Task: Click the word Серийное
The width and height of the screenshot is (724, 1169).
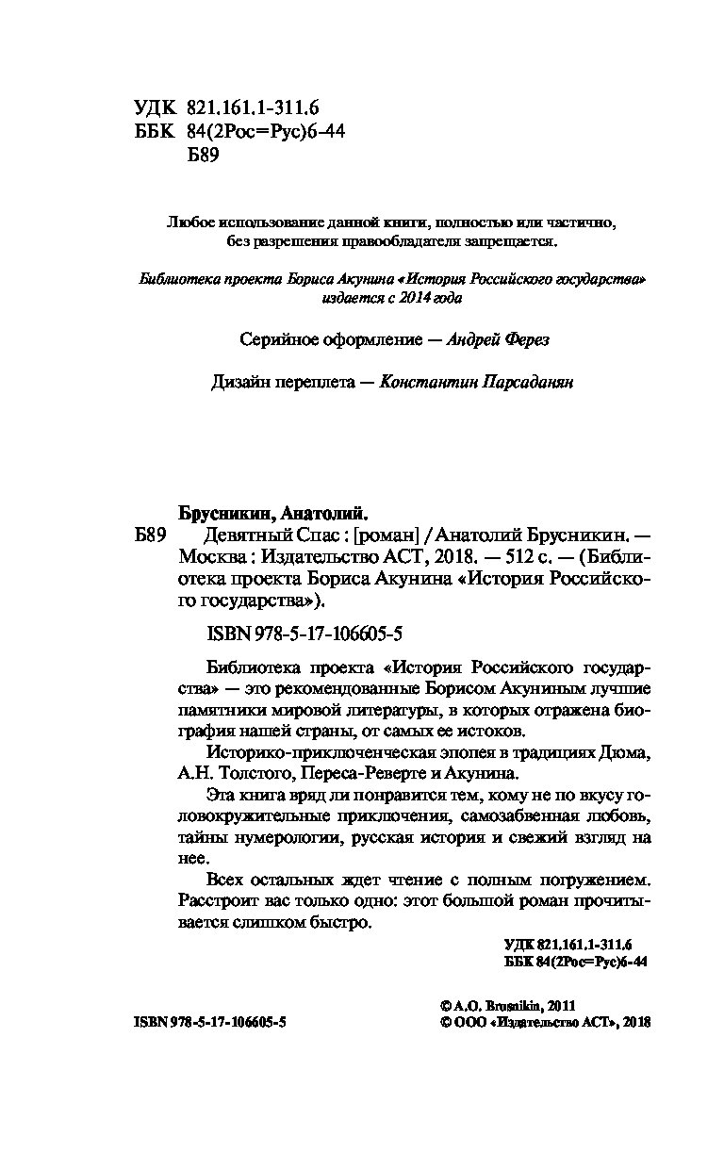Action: (272, 340)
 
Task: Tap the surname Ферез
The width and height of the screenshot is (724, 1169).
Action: (523, 340)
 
